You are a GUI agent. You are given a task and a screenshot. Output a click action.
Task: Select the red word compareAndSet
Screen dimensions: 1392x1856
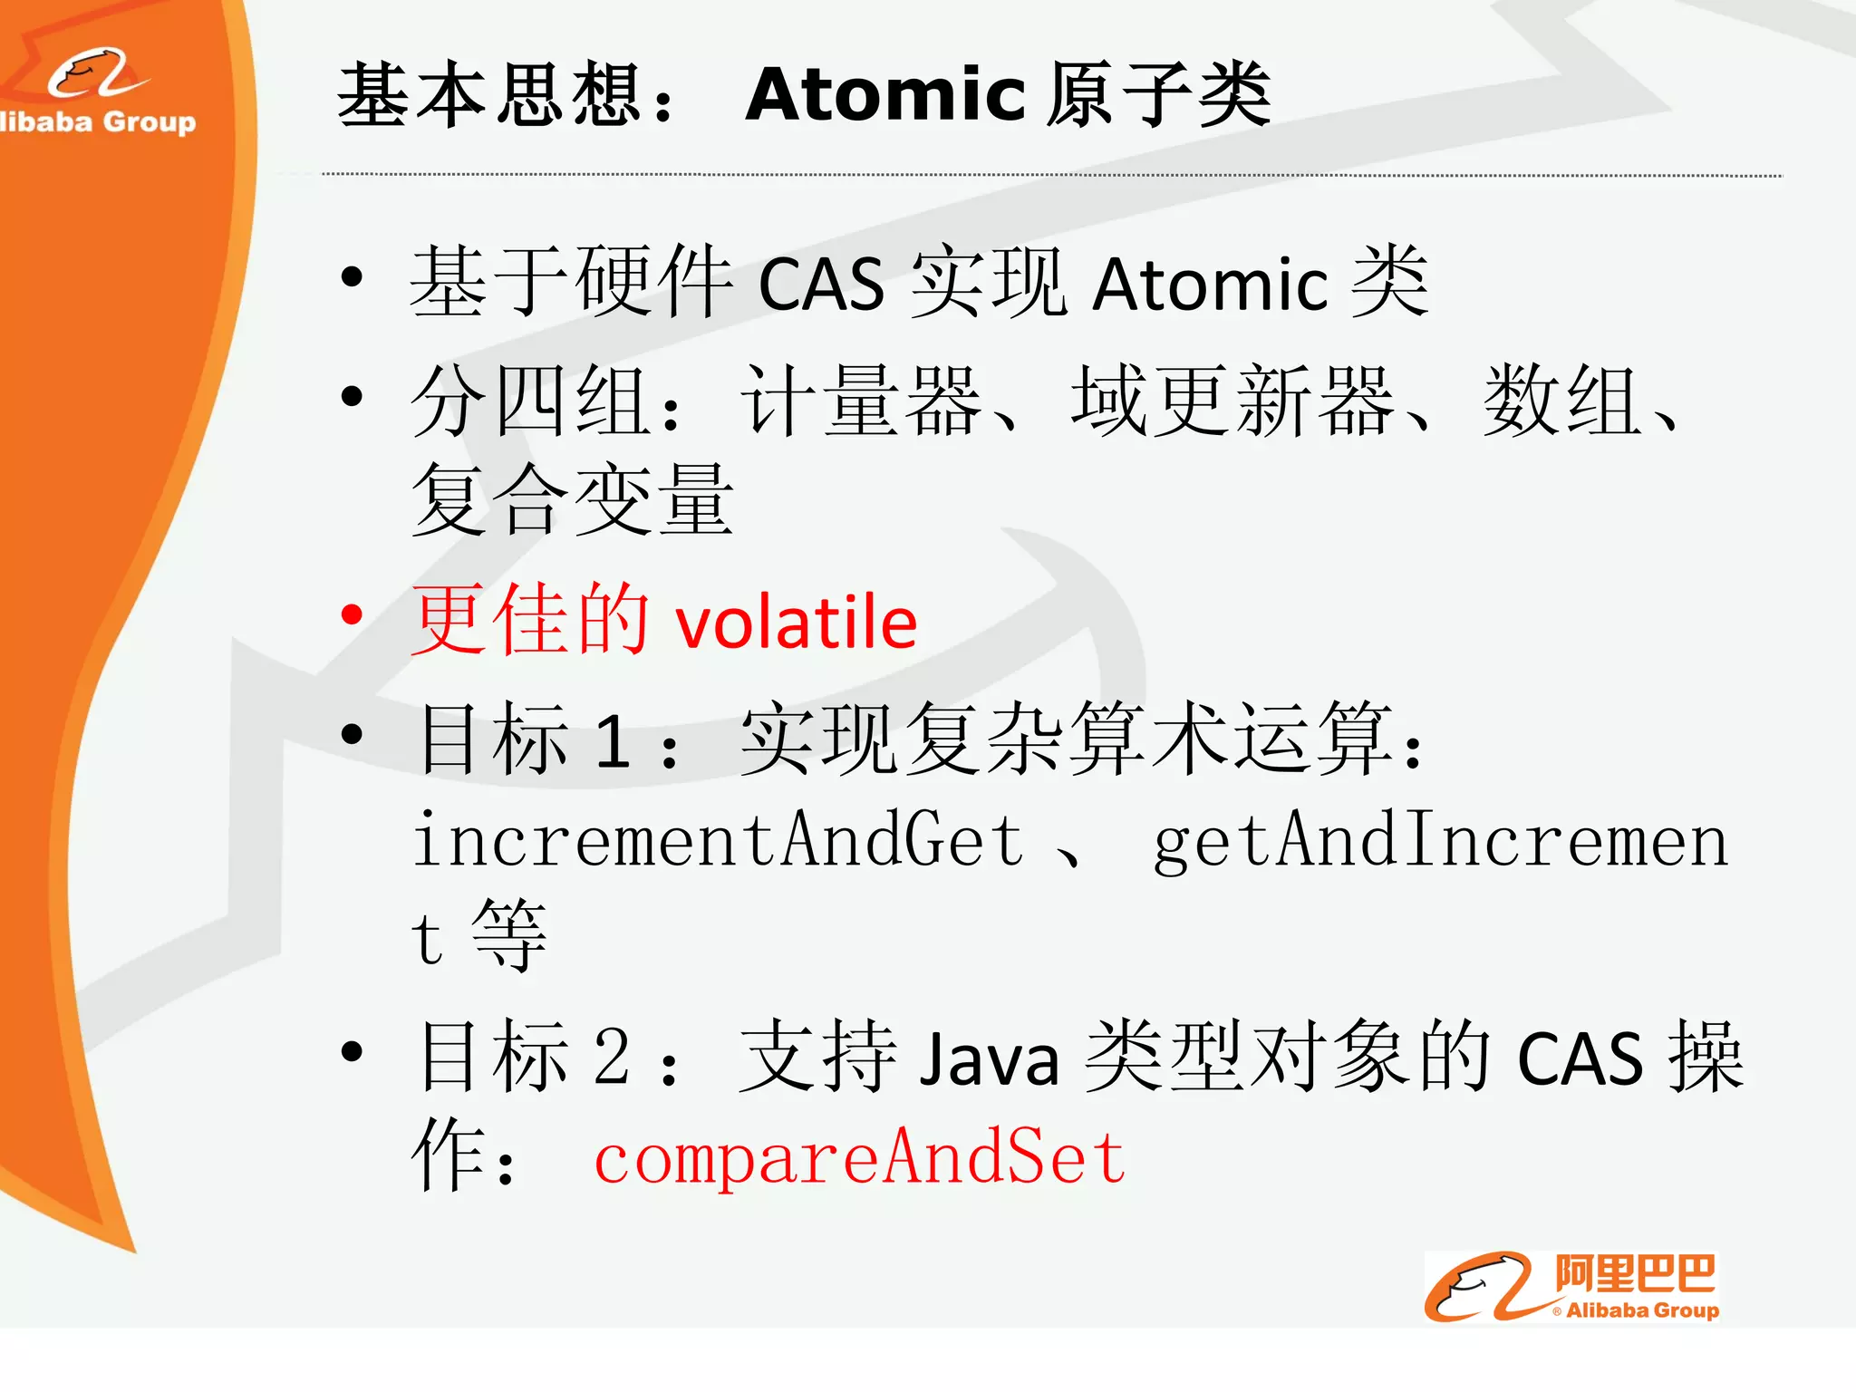coord(859,1158)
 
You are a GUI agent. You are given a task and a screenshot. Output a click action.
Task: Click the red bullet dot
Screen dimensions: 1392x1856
coord(352,615)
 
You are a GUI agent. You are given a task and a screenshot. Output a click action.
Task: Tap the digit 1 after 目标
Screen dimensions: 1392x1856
coord(613,741)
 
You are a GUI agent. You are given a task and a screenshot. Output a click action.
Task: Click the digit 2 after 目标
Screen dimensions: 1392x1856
coord(613,1057)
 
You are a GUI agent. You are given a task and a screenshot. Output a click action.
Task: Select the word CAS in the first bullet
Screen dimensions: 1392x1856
coord(821,285)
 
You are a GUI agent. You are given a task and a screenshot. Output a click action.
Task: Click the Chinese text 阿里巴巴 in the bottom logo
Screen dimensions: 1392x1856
coord(1635,1274)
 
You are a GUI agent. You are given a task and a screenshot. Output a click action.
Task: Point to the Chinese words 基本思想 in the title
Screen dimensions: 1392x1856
coord(489,95)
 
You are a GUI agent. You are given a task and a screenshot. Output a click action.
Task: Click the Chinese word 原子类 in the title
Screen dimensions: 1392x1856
coord(1158,95)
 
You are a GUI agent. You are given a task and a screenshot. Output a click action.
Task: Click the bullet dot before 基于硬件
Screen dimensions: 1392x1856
coord(352,277)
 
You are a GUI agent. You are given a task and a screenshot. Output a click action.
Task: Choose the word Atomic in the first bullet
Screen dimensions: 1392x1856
coord(1211,285)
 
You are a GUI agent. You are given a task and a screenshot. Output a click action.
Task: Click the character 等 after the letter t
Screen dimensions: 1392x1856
coord(509,935)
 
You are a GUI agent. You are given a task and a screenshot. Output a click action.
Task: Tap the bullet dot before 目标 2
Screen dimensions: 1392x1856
coord(352,1051)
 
